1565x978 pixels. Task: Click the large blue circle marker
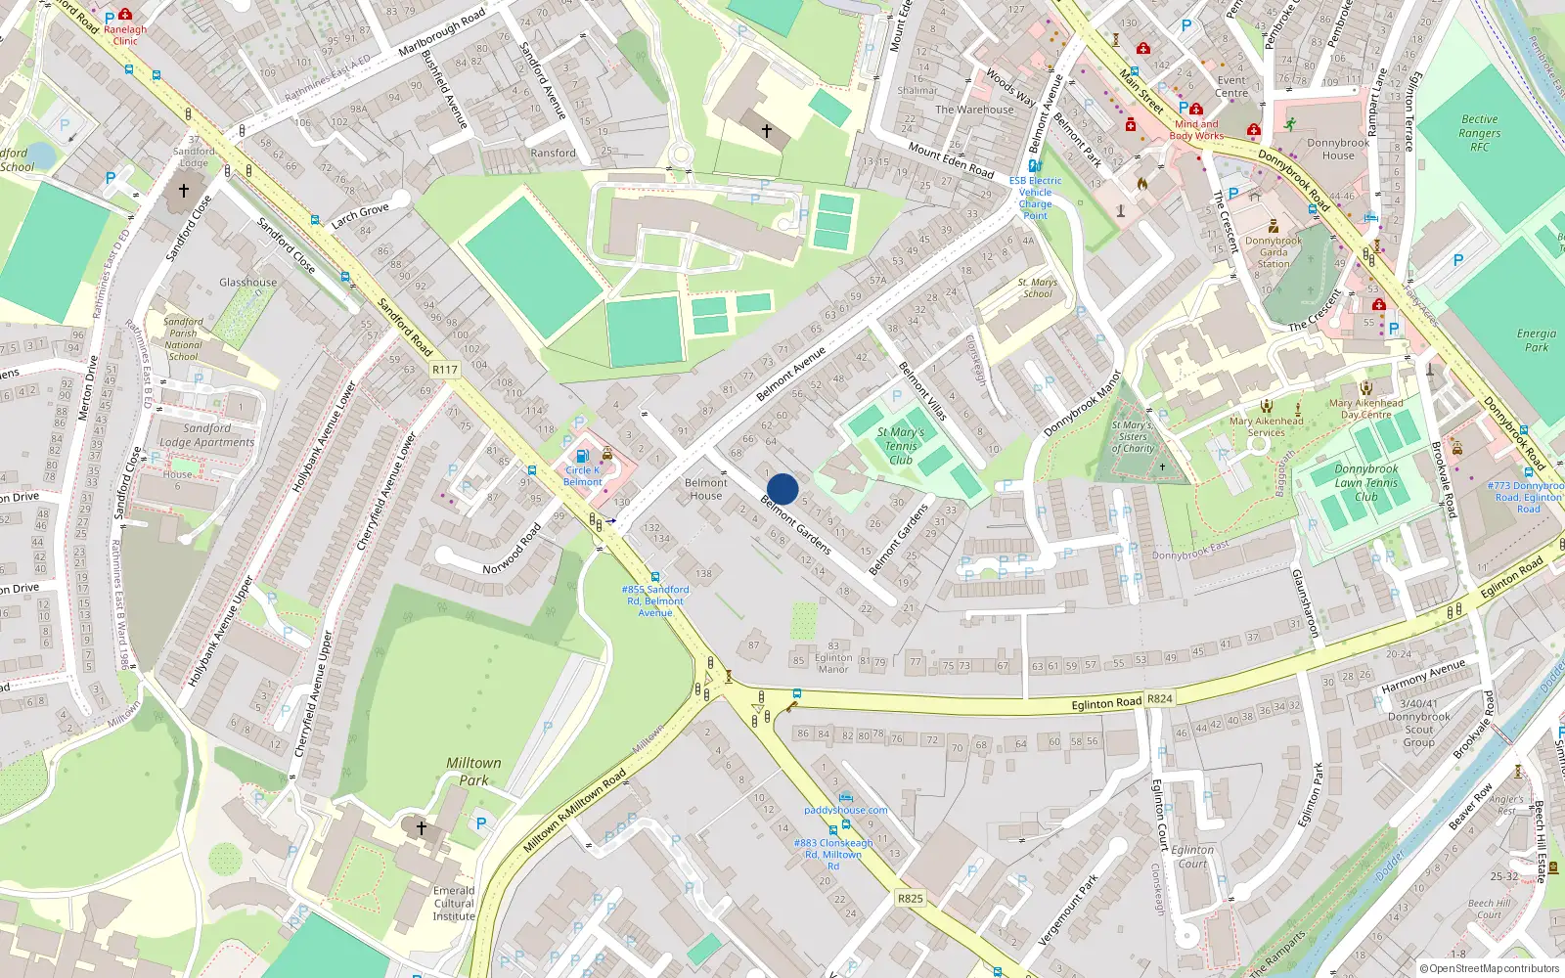click(782, 489)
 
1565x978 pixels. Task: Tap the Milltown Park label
click(473, 772)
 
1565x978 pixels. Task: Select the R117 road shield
click(445, 370)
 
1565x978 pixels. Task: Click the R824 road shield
click(1160, 698)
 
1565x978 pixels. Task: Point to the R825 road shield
click(910, 898)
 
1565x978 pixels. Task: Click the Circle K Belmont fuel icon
click(582, 456)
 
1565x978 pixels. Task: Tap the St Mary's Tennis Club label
click(901, 446)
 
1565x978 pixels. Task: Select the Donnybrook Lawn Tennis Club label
click(1366, 483)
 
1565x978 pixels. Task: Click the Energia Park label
click(1537, 340)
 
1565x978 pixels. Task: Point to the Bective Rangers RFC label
click(1479, 133)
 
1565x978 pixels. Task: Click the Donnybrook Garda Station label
click(1274, 252)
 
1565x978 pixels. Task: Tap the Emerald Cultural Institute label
click(454, 904)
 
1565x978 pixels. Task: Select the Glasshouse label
click(247, 283)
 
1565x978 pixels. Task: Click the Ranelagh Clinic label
click(125, 35)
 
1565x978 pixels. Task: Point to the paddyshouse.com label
click(846, 810)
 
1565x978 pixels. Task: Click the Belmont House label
click(706, 489)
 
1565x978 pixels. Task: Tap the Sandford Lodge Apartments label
click(206, 435)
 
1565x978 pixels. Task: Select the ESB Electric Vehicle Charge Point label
click(1035, 198)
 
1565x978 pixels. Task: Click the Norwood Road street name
click(512, 550)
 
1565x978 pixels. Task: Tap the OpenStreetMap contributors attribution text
click(1494, 968)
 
